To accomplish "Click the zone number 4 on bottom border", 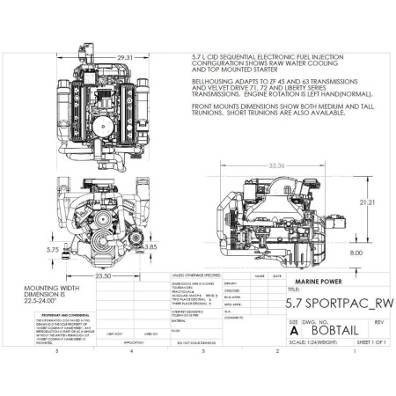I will pos(129,350).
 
